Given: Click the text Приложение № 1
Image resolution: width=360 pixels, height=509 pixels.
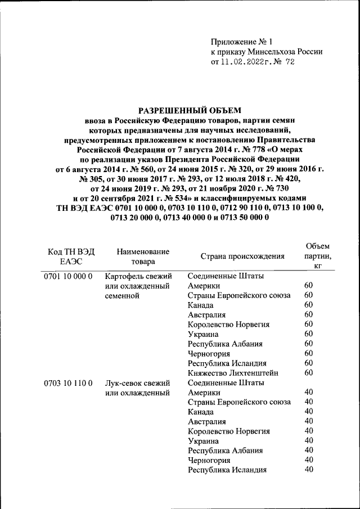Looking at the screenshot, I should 241,41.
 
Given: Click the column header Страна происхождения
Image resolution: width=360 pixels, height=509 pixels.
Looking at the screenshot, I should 242,256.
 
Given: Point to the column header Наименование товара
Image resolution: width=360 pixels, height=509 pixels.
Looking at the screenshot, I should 143,256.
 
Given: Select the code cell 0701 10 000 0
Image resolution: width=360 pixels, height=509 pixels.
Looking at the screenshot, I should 67,276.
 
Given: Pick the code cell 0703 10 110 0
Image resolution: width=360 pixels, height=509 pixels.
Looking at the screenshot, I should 67,383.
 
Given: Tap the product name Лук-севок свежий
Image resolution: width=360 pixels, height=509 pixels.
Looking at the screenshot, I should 138,383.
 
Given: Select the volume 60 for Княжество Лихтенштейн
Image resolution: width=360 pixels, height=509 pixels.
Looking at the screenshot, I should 308,372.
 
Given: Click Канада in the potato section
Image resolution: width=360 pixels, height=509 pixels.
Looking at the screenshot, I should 202,305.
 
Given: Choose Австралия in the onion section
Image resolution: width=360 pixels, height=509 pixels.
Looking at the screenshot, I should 207,421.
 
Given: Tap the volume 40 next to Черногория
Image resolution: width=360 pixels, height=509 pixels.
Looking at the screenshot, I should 308,460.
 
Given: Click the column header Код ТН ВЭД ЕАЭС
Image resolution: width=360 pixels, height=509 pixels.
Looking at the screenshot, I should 71,256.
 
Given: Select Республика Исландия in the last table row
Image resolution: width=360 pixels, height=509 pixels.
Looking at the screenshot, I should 227,470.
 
